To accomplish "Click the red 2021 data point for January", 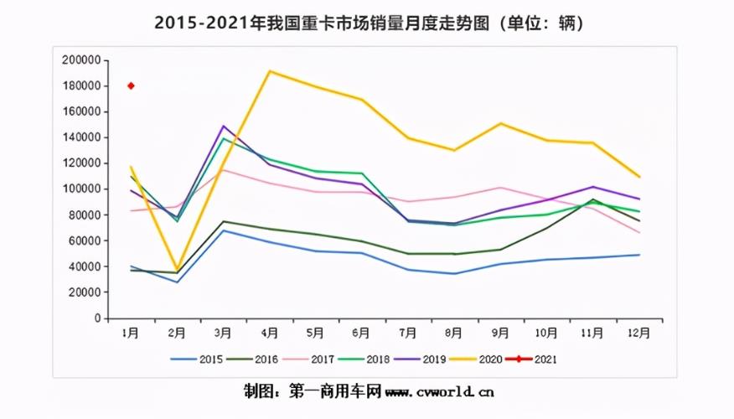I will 131,85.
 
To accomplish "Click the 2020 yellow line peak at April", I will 269,71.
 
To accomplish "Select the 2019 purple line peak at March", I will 224,126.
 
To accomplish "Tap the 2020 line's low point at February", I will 177,270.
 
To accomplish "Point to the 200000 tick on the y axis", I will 81,60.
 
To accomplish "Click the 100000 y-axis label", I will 81,189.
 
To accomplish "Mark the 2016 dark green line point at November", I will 592,199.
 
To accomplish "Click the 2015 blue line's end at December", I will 638,255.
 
